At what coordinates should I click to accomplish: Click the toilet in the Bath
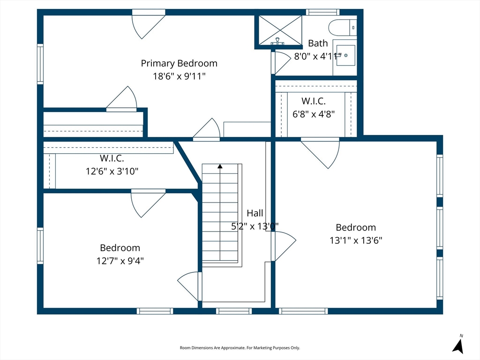click(343, 28)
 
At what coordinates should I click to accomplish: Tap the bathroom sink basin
click(345, 55)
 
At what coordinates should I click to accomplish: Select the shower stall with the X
click(280, 30)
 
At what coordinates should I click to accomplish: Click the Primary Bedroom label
click(179, 63)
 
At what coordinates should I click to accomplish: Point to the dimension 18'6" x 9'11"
click(179, 76)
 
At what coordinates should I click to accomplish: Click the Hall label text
click(255, 213)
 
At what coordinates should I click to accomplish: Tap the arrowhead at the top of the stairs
click(220, 166)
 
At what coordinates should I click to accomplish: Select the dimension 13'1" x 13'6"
click(356, 240)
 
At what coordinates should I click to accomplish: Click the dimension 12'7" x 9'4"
click(120, 261)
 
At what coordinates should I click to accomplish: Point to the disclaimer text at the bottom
click(240, 348)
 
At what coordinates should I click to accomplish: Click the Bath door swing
click(282, 63)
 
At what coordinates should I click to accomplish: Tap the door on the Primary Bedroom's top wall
click(149, 26)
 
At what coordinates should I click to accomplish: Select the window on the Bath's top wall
click(322, 12)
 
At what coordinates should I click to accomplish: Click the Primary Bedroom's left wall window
click(40, 64)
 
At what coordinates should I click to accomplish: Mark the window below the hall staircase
click(234, 311)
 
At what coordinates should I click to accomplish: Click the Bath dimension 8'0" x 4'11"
click(318, 56)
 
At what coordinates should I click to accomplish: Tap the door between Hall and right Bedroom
click(284, 246)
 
